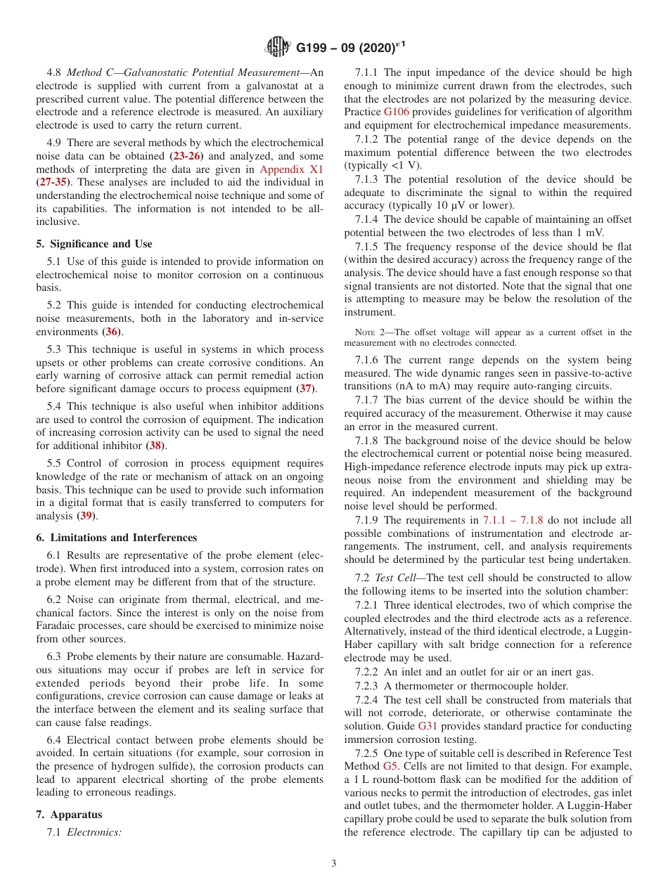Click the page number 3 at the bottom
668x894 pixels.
click(x=334, y=863)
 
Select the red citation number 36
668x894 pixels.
click(x=111, y=331)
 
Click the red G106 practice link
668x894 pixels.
click(x=395, y=112)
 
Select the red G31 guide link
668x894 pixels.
click(x=428, y=726)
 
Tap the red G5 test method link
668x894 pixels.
click(x=390, y=765)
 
